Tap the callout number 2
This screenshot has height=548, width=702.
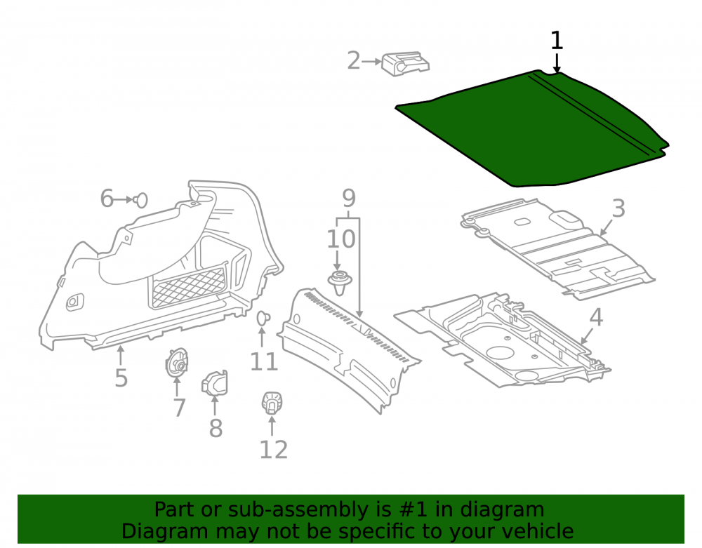tap(354, 60)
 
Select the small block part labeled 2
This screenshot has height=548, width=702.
tap(405, 64)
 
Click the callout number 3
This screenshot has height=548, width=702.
tap(618, 208)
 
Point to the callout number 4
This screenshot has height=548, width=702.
tap(596, 317)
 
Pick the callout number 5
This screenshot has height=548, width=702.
tap(121, 377)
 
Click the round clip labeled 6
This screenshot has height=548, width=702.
tap(140, 200)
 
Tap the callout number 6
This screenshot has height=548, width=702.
tap(107, 198)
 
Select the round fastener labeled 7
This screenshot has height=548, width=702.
tap(177, 362)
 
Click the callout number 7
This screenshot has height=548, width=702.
tap(180, 408)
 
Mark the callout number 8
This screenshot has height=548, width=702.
tap(216, 428)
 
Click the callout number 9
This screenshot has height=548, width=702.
tap(349, 198)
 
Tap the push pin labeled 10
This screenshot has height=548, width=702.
tap(340, 283)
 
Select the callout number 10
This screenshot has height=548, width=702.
tap(341, 239)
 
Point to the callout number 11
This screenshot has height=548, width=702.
tap(264, 361)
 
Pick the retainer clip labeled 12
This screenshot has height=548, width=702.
tap(272, 402)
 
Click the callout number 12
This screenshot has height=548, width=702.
tap(274, 450)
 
